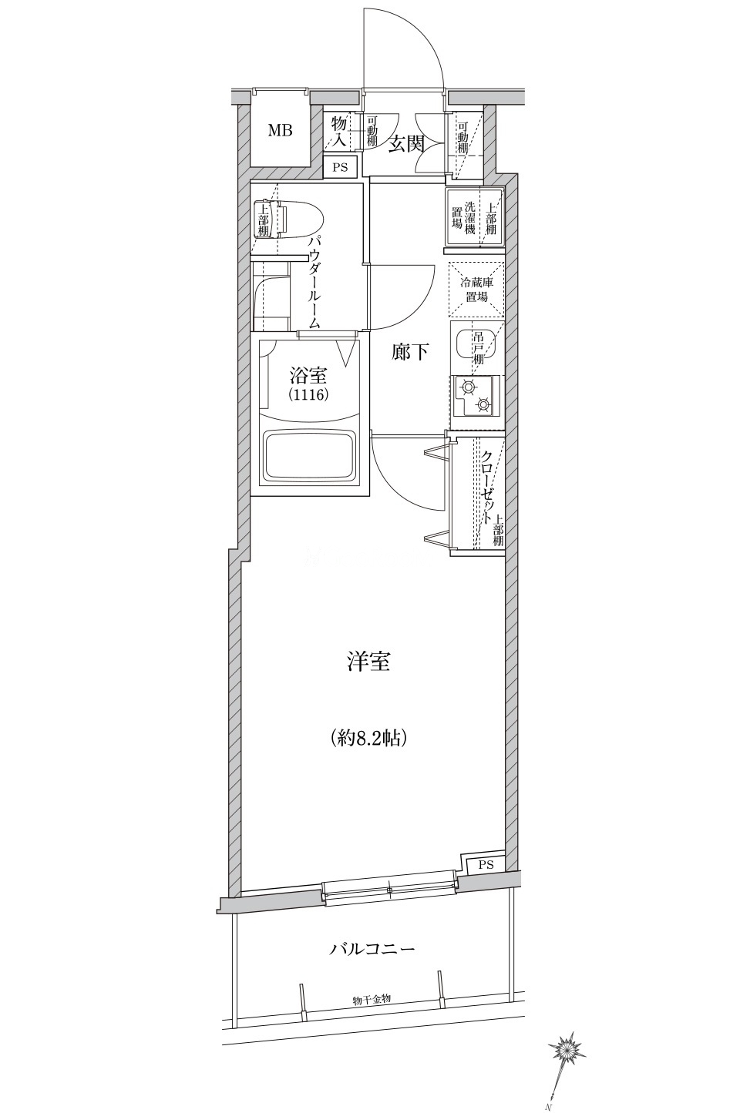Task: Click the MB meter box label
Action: pyautogui.click(x=280, y=131)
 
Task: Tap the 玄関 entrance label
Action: pyautogui.click(x=406, y=144)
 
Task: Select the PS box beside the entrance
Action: pyautogui.click(x=340, y=167)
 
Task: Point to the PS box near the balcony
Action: pyautogui.click(x=486, y=864)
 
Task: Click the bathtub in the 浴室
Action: pyautogui.click(x=310, y=457)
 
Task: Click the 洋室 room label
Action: pyautogui.click(x=368, y=662)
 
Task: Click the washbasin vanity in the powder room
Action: pyautogui.click(x=271, y=296)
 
